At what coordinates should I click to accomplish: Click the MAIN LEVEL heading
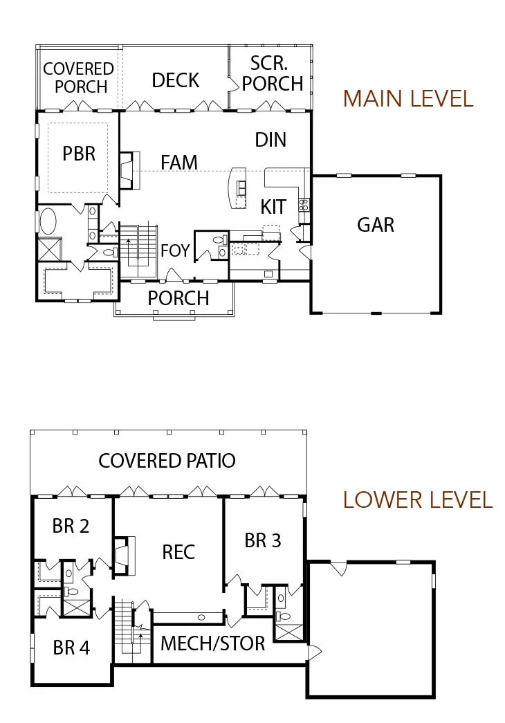408,99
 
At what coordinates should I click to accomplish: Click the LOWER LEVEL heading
418,500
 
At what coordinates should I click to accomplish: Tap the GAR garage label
376,225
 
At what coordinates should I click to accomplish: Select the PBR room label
79,154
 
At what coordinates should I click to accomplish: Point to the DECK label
175,80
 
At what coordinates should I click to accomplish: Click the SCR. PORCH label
272,74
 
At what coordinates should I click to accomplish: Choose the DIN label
270,140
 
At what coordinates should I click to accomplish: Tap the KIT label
273,207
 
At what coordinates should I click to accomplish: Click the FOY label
175,250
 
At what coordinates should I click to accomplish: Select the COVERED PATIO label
167,461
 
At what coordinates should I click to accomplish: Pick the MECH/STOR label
212,643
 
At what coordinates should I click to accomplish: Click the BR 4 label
71,648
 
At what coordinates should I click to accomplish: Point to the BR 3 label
262,540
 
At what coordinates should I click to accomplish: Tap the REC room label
178,552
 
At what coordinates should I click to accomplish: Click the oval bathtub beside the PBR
47,221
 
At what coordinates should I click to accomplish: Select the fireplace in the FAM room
129,171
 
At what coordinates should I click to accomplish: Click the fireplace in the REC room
124,555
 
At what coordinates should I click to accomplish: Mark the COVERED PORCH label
79,77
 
